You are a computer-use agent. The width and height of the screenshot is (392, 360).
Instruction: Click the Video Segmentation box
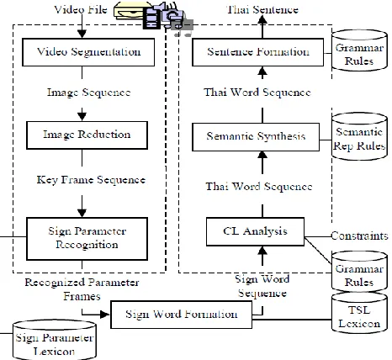(x=88, y=52)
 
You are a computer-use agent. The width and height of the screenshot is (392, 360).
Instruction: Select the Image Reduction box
(x=87, y=135)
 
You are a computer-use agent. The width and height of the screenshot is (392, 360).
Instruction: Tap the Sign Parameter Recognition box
(x=87, y=239)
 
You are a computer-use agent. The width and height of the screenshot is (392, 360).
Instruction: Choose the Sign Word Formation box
(x=182, y=315)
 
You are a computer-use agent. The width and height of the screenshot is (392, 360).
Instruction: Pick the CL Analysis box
(x=255, y=231)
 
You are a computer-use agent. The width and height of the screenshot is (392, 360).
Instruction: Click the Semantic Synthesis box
(x=256, y=137)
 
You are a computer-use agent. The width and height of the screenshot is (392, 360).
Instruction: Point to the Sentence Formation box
(x=258, y=52)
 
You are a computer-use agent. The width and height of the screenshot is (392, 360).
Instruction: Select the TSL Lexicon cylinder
(x=359, y=313)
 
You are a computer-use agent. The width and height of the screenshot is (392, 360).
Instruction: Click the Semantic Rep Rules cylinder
(x=359, y=136)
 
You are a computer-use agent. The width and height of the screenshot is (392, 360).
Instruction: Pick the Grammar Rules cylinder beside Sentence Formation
(x=359, y=50)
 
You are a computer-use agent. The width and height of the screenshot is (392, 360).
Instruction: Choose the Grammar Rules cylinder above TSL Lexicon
(x=359, y=272)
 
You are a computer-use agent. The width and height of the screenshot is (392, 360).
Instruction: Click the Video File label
(x=81, y=9)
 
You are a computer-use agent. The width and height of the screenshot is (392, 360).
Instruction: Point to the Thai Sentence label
(x=262, y=9)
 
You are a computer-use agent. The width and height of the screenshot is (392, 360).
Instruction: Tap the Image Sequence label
(x=88, y=93)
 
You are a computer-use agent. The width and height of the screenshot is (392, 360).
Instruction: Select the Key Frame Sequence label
(x=91, y=180)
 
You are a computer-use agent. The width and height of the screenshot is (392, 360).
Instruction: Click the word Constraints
(x=360, y=236)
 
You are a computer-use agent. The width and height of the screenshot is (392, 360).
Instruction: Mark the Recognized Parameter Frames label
(x=82, y=289)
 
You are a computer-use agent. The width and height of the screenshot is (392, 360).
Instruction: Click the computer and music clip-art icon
(x=154, y=17)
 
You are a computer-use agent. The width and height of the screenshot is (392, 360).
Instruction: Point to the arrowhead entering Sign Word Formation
(x=105, y=315)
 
